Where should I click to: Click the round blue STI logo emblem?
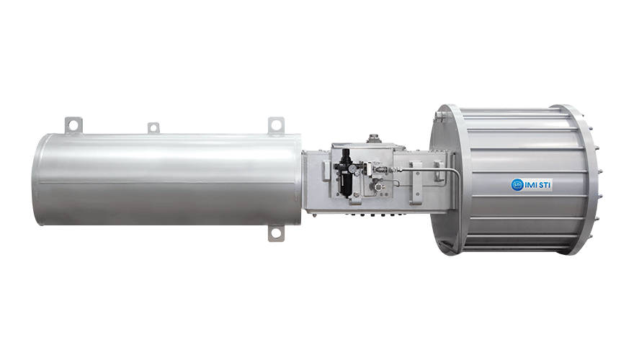coord(517,185)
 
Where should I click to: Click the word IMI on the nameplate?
coord(530,186)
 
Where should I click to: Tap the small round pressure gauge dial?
coord(354,168)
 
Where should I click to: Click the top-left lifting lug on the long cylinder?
coord(73,125)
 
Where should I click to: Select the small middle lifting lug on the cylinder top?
coord(153,128)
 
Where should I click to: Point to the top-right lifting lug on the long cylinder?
coord(276,125)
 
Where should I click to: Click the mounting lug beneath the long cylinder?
coord(276,233)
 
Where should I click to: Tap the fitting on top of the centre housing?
coord(375,138)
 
